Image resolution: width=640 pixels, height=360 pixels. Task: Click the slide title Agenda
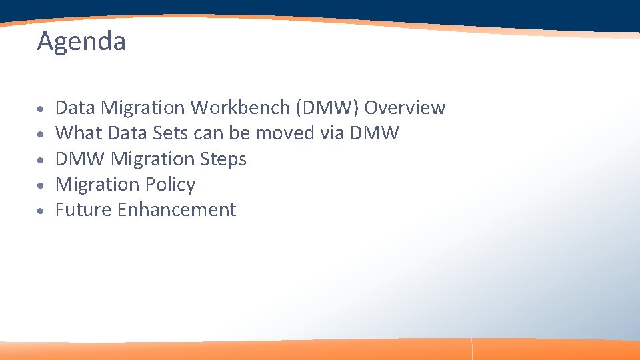(x=81, y=42)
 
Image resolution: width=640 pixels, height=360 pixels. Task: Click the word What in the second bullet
(x=78, y=133)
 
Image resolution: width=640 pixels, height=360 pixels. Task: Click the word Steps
(x=223, y=159)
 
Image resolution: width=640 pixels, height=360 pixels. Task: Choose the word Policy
(x=172, y=184)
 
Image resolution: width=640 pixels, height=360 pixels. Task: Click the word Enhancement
(x=177, y=209)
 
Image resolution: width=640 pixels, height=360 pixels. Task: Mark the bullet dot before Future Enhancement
(x=41, y=211)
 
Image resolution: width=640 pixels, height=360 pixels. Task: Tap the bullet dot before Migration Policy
(x=41, y=185)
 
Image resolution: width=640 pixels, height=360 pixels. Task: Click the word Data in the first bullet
(x=74, y=107)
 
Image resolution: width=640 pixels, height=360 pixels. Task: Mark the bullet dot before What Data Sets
(x=41, y=134)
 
